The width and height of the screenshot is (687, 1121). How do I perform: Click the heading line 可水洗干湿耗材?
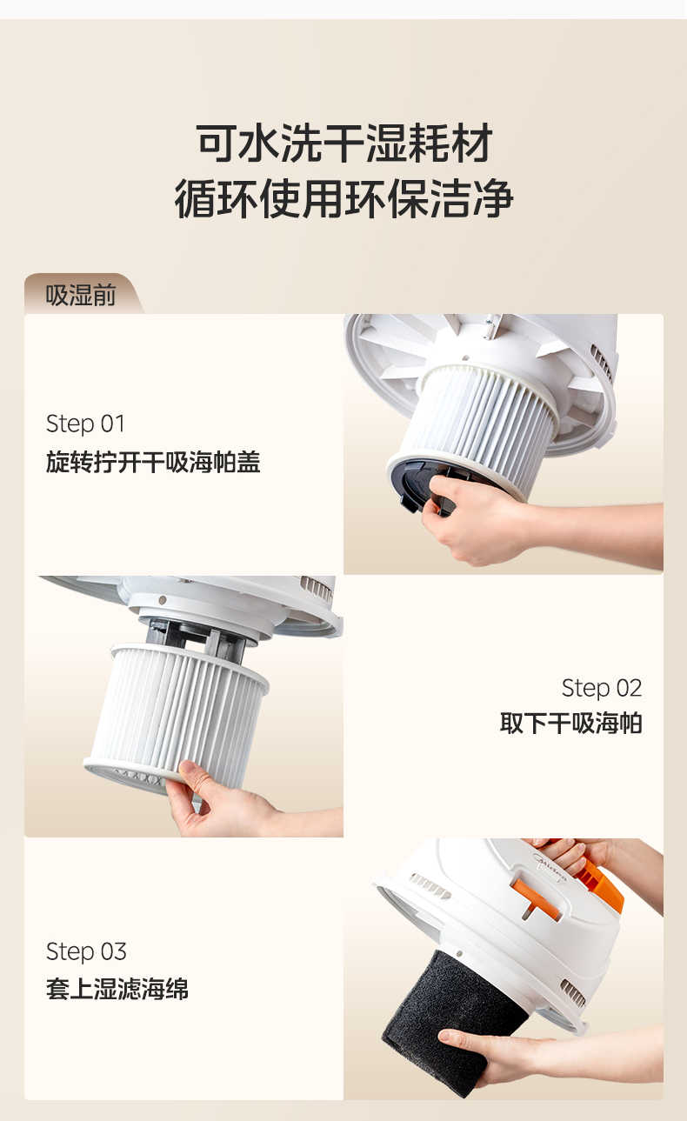[343, 143]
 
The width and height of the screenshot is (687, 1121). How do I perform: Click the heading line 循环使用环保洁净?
[343, 199]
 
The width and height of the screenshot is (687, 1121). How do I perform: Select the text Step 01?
[85, 424]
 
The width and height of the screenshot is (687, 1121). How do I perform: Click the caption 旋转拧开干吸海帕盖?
[152, 462]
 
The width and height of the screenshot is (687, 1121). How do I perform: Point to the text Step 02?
[601, 687]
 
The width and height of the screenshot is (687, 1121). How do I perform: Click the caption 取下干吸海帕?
[570, 723]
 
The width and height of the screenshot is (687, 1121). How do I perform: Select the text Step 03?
[85, 951]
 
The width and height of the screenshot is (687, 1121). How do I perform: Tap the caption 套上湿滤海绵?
[117, 989]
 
